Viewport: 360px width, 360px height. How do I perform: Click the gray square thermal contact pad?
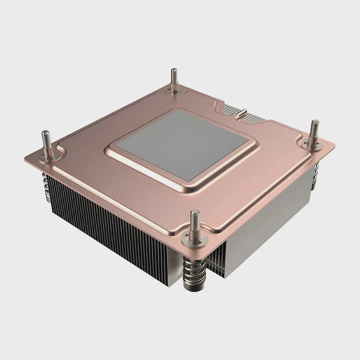pyautogui.click(x=180, y=144)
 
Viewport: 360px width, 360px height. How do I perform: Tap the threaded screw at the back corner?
pyautogui.click(x=174, y=79)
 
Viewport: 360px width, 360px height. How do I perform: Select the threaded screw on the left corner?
pyautogui.click(x=46, y=142)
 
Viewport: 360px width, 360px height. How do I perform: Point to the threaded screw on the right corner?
pyautogui.click(x=314, y=131)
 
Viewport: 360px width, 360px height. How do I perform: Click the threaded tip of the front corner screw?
pyautogui.click(x=194, y=219)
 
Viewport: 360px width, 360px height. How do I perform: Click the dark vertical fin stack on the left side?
pyautogui.click(x=100, y=220)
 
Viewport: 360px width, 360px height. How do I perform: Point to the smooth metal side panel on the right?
pyautogui.click(x=265, y=220)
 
